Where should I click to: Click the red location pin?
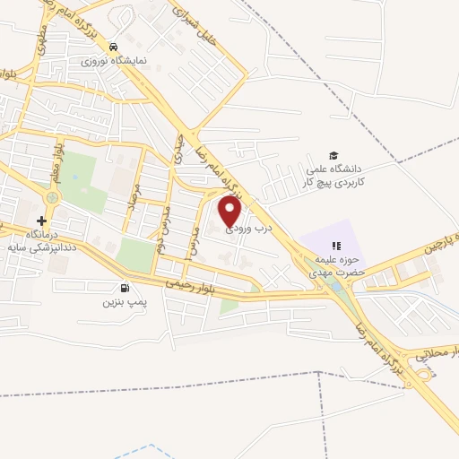pyautogui.click(x=230, y=212)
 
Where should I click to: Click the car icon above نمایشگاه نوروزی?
pyautogui.click(x=113, y=47)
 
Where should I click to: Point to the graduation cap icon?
pyautogui.click(x=334, y=154)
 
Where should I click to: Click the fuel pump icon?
pyautogui.click(x=123, y=288)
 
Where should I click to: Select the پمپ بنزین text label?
pyautogui.click(x=123, y=304)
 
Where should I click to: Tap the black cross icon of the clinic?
pyautogui.click(x=41, y=221)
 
